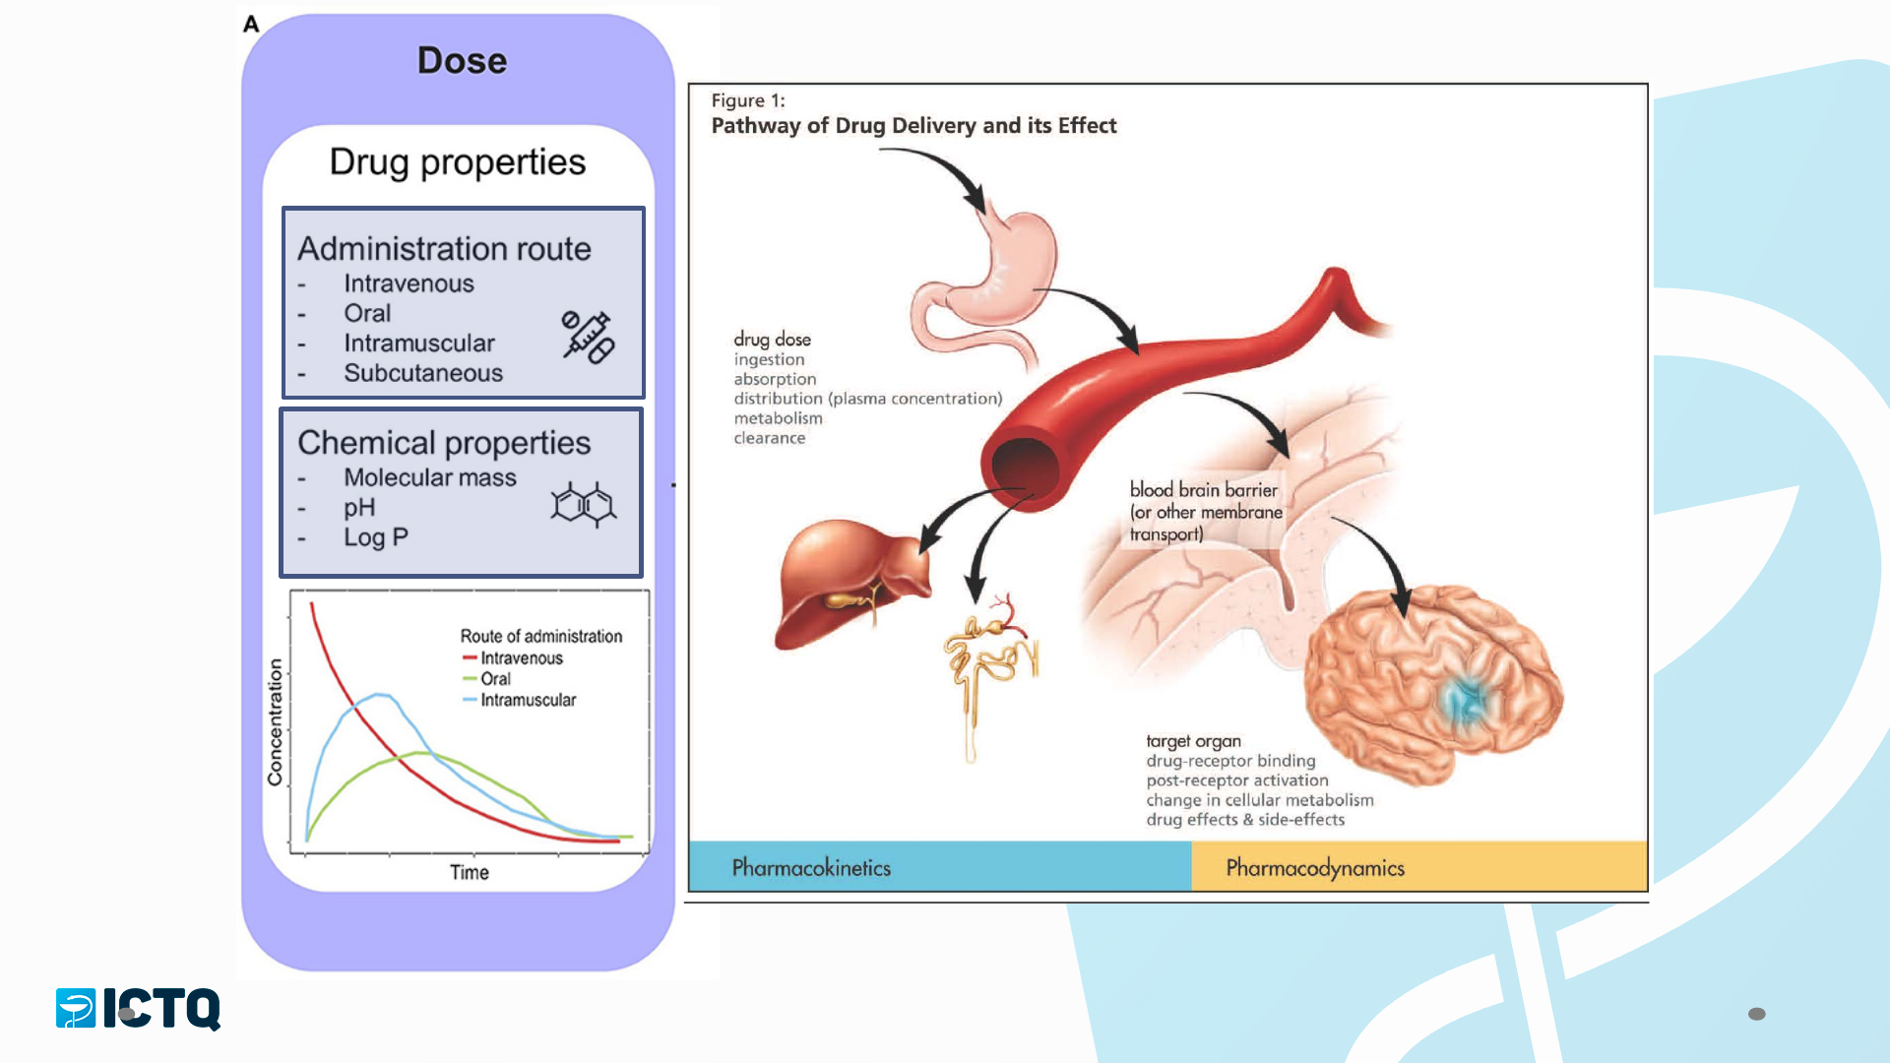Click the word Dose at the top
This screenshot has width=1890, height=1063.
click(462, 61)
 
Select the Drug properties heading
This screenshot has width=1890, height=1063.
click(458, 162)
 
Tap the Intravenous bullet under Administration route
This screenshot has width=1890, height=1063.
click(409, 283)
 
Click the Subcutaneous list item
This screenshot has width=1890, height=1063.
click(423, 373)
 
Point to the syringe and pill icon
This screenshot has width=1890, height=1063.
click(588, 338)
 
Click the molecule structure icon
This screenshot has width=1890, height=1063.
click(584, 505)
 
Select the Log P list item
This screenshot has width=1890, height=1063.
click(376, 537)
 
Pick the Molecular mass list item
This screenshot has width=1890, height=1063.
click(430, 477)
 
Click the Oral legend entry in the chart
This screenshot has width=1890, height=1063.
click(486, 679)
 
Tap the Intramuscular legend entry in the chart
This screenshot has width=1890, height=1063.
click(519, 700)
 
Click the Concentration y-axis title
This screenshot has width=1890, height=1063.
click(275, 722)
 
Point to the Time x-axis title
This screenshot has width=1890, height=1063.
click(470, 872)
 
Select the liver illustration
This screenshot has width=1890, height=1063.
click(851, 583)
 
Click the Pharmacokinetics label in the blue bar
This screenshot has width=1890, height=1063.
click(811, 868)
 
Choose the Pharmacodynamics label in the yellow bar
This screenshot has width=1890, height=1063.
click(1315, 868)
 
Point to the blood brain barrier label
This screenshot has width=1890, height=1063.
click(1206, 512)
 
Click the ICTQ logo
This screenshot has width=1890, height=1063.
click(138, 1009)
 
